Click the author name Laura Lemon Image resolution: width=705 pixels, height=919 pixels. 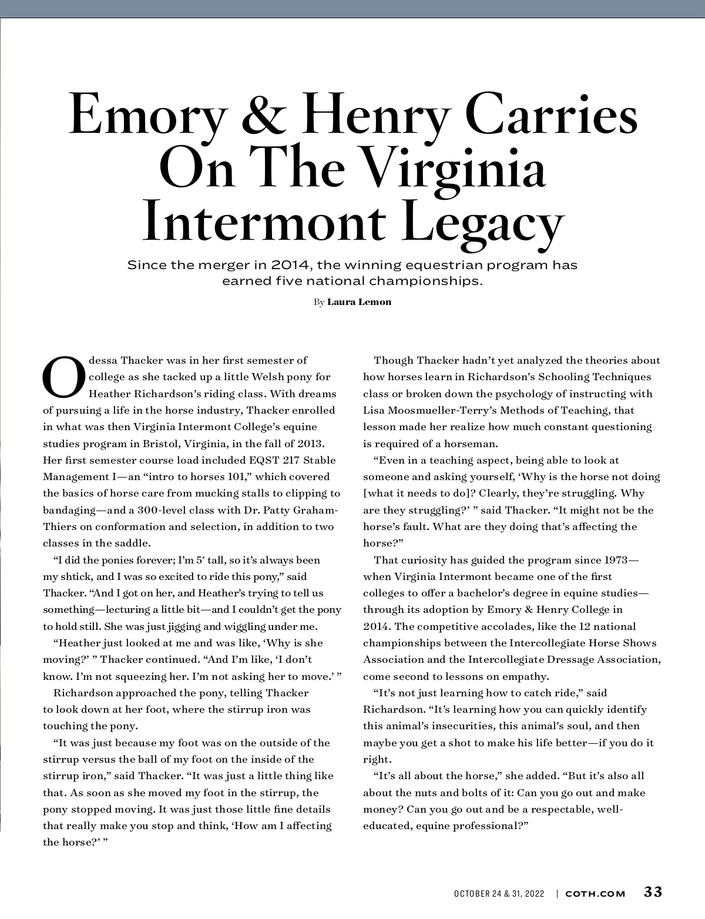click(x=359, y=302)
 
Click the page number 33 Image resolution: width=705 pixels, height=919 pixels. click(x=653, y=892)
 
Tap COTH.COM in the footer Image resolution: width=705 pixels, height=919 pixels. click(x=595, y=893)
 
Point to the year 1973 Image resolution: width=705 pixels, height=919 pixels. click(x=617, y=560)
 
